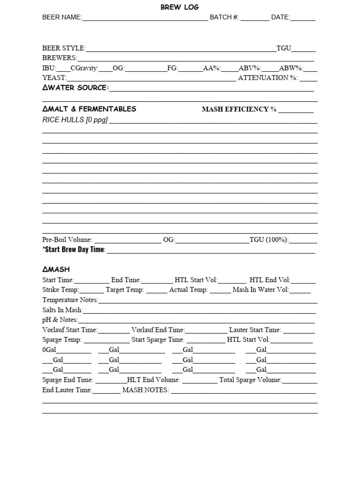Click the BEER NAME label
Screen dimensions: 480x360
coord(62,17)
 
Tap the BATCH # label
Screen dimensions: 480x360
coord(224,17)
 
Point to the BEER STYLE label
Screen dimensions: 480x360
coord(64,48)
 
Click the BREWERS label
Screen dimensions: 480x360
coord(60,58)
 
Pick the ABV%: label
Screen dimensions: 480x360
coord(250,68)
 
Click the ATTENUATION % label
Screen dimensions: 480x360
coord(268,78)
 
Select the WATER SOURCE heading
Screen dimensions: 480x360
coord(75,88)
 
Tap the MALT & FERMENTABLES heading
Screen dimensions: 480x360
coord(89,109)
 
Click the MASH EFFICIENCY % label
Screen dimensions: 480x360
coord(239,109)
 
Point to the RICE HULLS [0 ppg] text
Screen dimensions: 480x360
coord(75,120)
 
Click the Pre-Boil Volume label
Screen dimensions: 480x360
coord(67,240)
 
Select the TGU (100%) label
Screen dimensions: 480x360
coord(269,240)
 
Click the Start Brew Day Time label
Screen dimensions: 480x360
coord(74,249)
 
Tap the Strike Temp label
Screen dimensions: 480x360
coord(61,290)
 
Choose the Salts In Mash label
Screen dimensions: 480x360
coord(62,310)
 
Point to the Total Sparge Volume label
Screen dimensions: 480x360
coord(250,380)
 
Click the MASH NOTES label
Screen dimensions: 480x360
coord(145,390)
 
